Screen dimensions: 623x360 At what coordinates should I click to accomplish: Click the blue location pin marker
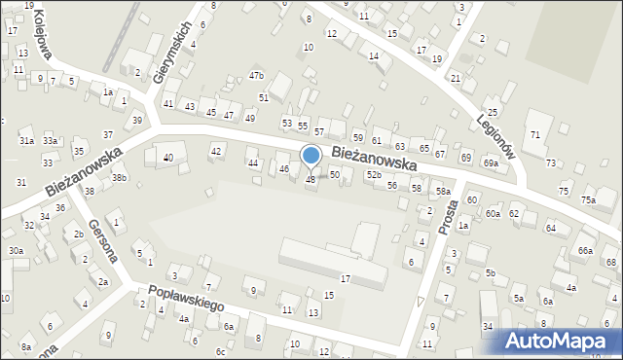[311, 156]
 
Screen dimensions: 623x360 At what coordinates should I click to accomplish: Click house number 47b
[256, 75]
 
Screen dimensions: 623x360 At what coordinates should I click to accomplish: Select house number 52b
[373, 174]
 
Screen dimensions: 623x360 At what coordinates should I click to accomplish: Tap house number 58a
[443, 192]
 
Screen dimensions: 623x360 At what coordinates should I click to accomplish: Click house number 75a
[588, 199]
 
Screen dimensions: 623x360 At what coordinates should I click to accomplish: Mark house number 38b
[119, 178]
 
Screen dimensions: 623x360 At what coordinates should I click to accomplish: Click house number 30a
[16, 250]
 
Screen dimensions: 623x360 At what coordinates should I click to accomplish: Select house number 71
[534, 133]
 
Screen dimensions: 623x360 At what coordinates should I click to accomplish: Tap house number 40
[167, 158]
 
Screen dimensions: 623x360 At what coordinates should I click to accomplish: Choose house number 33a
[50, 141]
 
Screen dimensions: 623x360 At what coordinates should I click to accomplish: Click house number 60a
[493, 213]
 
